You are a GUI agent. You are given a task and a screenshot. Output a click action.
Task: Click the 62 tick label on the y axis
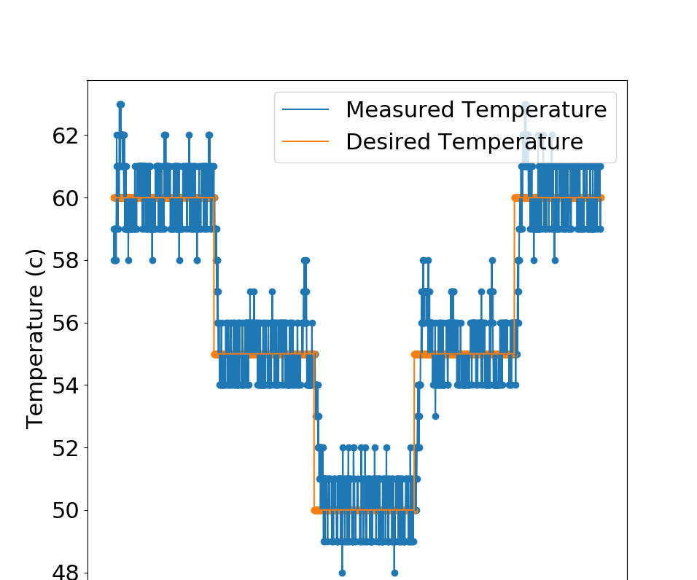(x=63, y=136)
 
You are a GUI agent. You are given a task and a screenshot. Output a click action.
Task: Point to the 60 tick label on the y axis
(x=63, y=197)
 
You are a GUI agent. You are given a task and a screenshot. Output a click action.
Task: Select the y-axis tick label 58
(x=63, y=260)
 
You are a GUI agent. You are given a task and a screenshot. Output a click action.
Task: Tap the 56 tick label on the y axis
(x=63, y=323)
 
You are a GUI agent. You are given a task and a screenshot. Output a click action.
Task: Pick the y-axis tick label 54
(x=63, y=385)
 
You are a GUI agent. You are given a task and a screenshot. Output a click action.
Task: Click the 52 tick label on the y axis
(x=63, y=447)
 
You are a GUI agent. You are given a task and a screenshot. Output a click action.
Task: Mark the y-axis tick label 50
(x=63, y=510)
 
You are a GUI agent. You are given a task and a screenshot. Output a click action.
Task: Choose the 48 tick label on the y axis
(x=63, y=571)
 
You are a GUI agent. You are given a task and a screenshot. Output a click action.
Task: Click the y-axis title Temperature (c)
(x=35, y=339)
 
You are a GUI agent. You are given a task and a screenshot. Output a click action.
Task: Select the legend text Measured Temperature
(x=475, y=110)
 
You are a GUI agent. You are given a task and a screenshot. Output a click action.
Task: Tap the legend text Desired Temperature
(x=464, y=142)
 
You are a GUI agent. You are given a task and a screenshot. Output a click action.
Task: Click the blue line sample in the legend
(x=306, y=110)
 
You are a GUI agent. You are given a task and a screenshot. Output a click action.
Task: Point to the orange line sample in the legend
(x=306, y=142)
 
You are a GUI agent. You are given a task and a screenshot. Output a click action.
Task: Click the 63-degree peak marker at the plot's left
(x=120, y=104)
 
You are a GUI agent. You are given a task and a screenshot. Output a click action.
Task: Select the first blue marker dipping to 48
(x=342, y=573)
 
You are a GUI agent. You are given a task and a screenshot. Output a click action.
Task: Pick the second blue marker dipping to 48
(x=394, y=573)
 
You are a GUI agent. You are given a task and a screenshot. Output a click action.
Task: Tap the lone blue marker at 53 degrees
(x=435, y=416)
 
